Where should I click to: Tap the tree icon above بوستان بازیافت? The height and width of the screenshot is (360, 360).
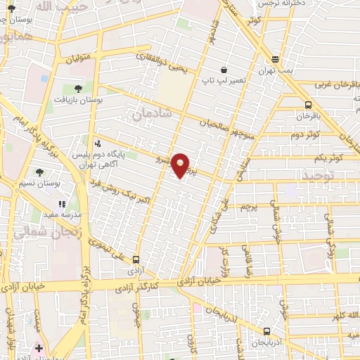(x=78, y=88)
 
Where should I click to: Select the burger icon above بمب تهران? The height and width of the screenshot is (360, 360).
(x=275, y=60)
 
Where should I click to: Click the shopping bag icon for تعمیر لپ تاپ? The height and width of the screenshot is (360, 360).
(x=224, y=70)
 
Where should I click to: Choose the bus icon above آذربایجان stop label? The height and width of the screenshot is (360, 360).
(x=266, y=331)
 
